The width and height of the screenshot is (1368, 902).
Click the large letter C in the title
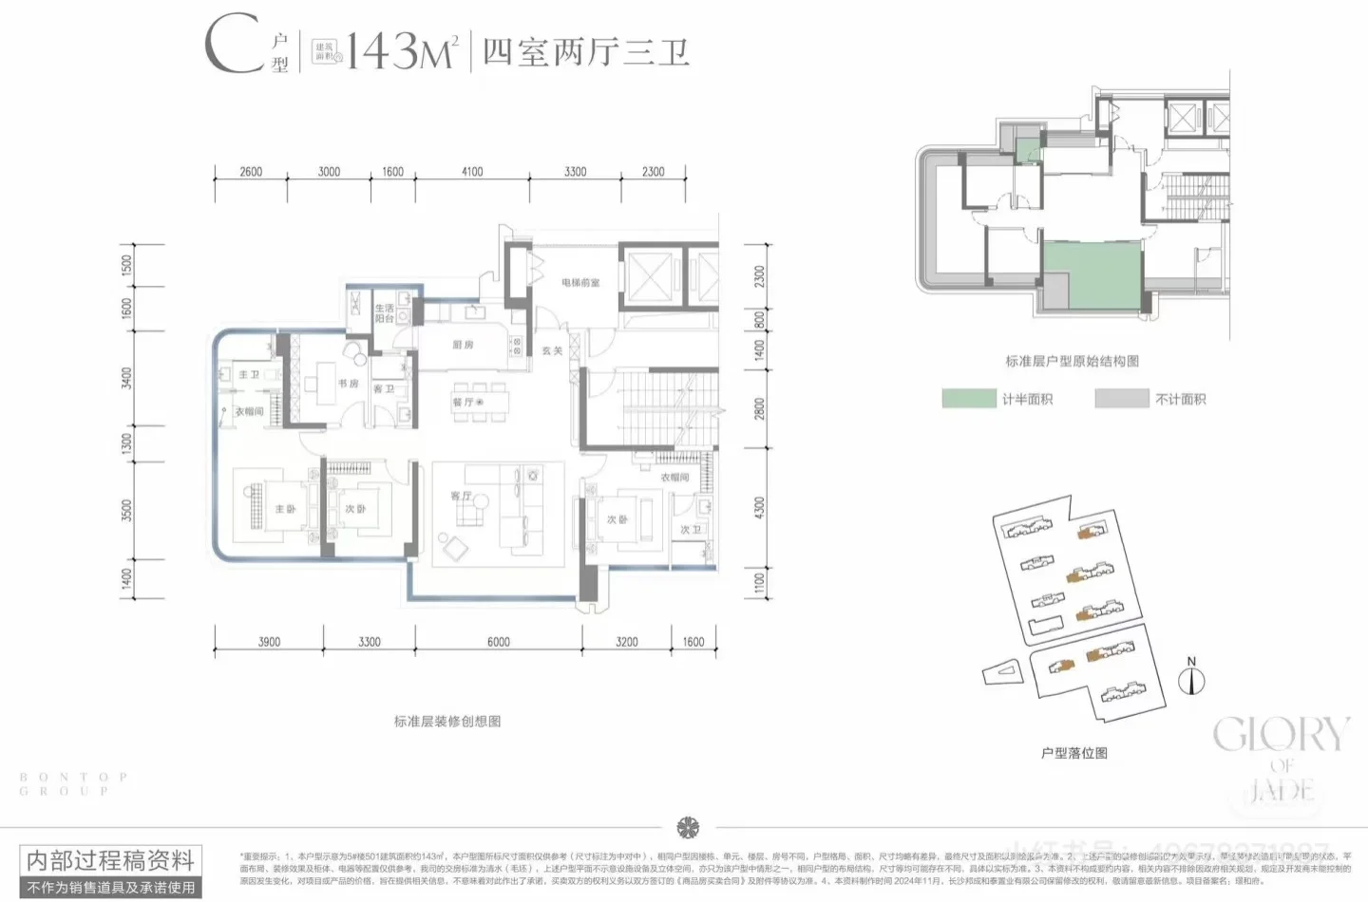pyautogui.click(x=233, y=45)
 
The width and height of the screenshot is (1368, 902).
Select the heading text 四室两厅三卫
pyautogui.click(x=585, y=51)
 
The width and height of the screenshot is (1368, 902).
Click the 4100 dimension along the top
pyautogui.click(x=472, y=172)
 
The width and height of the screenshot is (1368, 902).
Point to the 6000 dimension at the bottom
pyautogui.click(x=499, y=642)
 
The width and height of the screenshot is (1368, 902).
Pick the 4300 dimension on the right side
pyautogui.click(x=758, y=507)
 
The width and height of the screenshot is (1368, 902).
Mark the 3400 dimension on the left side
pyautogui.click(x=127, y=378)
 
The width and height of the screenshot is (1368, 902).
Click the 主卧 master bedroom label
pyautogui.click(x=285, y=509)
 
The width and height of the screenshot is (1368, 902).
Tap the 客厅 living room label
pyautogui.click(x=461, y=496)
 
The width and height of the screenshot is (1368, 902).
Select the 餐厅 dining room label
pyautogui.click(x=464, y=403)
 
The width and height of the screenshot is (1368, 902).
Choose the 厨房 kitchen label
pyautogui.click(x=463, y=345)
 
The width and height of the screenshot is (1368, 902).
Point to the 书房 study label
pyautogui.click(x=348, y=384)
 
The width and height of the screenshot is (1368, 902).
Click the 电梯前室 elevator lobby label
pyautogui.click(x=580, y=283)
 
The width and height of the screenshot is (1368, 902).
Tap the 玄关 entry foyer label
pyautogui.click(x=552, y=350)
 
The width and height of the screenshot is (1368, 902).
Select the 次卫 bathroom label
pyautogui.click(x=691, y=530)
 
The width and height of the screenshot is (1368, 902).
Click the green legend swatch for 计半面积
pyautogui.click(x=968, y=399)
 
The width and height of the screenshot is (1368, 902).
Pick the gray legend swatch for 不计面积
pyautogui.click(x=1121, y=399)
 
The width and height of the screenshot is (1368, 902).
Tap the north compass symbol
pyautogui.click(x=1191, y=679)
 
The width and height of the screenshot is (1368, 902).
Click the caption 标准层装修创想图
pyautogui.click(x=447, y=722)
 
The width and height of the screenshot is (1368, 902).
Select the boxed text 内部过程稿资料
pyautogui.click(x=110, y=861)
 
